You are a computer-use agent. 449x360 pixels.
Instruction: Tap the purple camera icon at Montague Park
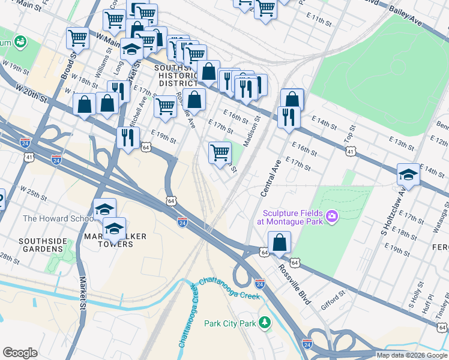pyautogui.click(x=331, y=215)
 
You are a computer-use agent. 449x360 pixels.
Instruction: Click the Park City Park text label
pyautogui.click(x=230, y=323)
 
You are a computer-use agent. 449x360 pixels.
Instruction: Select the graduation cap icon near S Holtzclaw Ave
pyautogui.click(x=408, y=174)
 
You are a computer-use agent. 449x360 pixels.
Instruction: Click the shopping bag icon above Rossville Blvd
pyautogui.click(x=280, y=243)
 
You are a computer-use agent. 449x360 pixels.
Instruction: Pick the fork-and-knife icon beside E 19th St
pyautogui.click(x=128, y=138)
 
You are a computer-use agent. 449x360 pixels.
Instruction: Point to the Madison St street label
pyautogui.click(x=252, y=131)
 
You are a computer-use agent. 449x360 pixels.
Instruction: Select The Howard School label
pyautogui.click(x=55, y=218)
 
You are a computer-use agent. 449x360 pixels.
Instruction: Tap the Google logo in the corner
pyautogui.click(x=20, y=352)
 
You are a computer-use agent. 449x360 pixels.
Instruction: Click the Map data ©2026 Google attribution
pyautogui.click(x=412, y=355)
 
